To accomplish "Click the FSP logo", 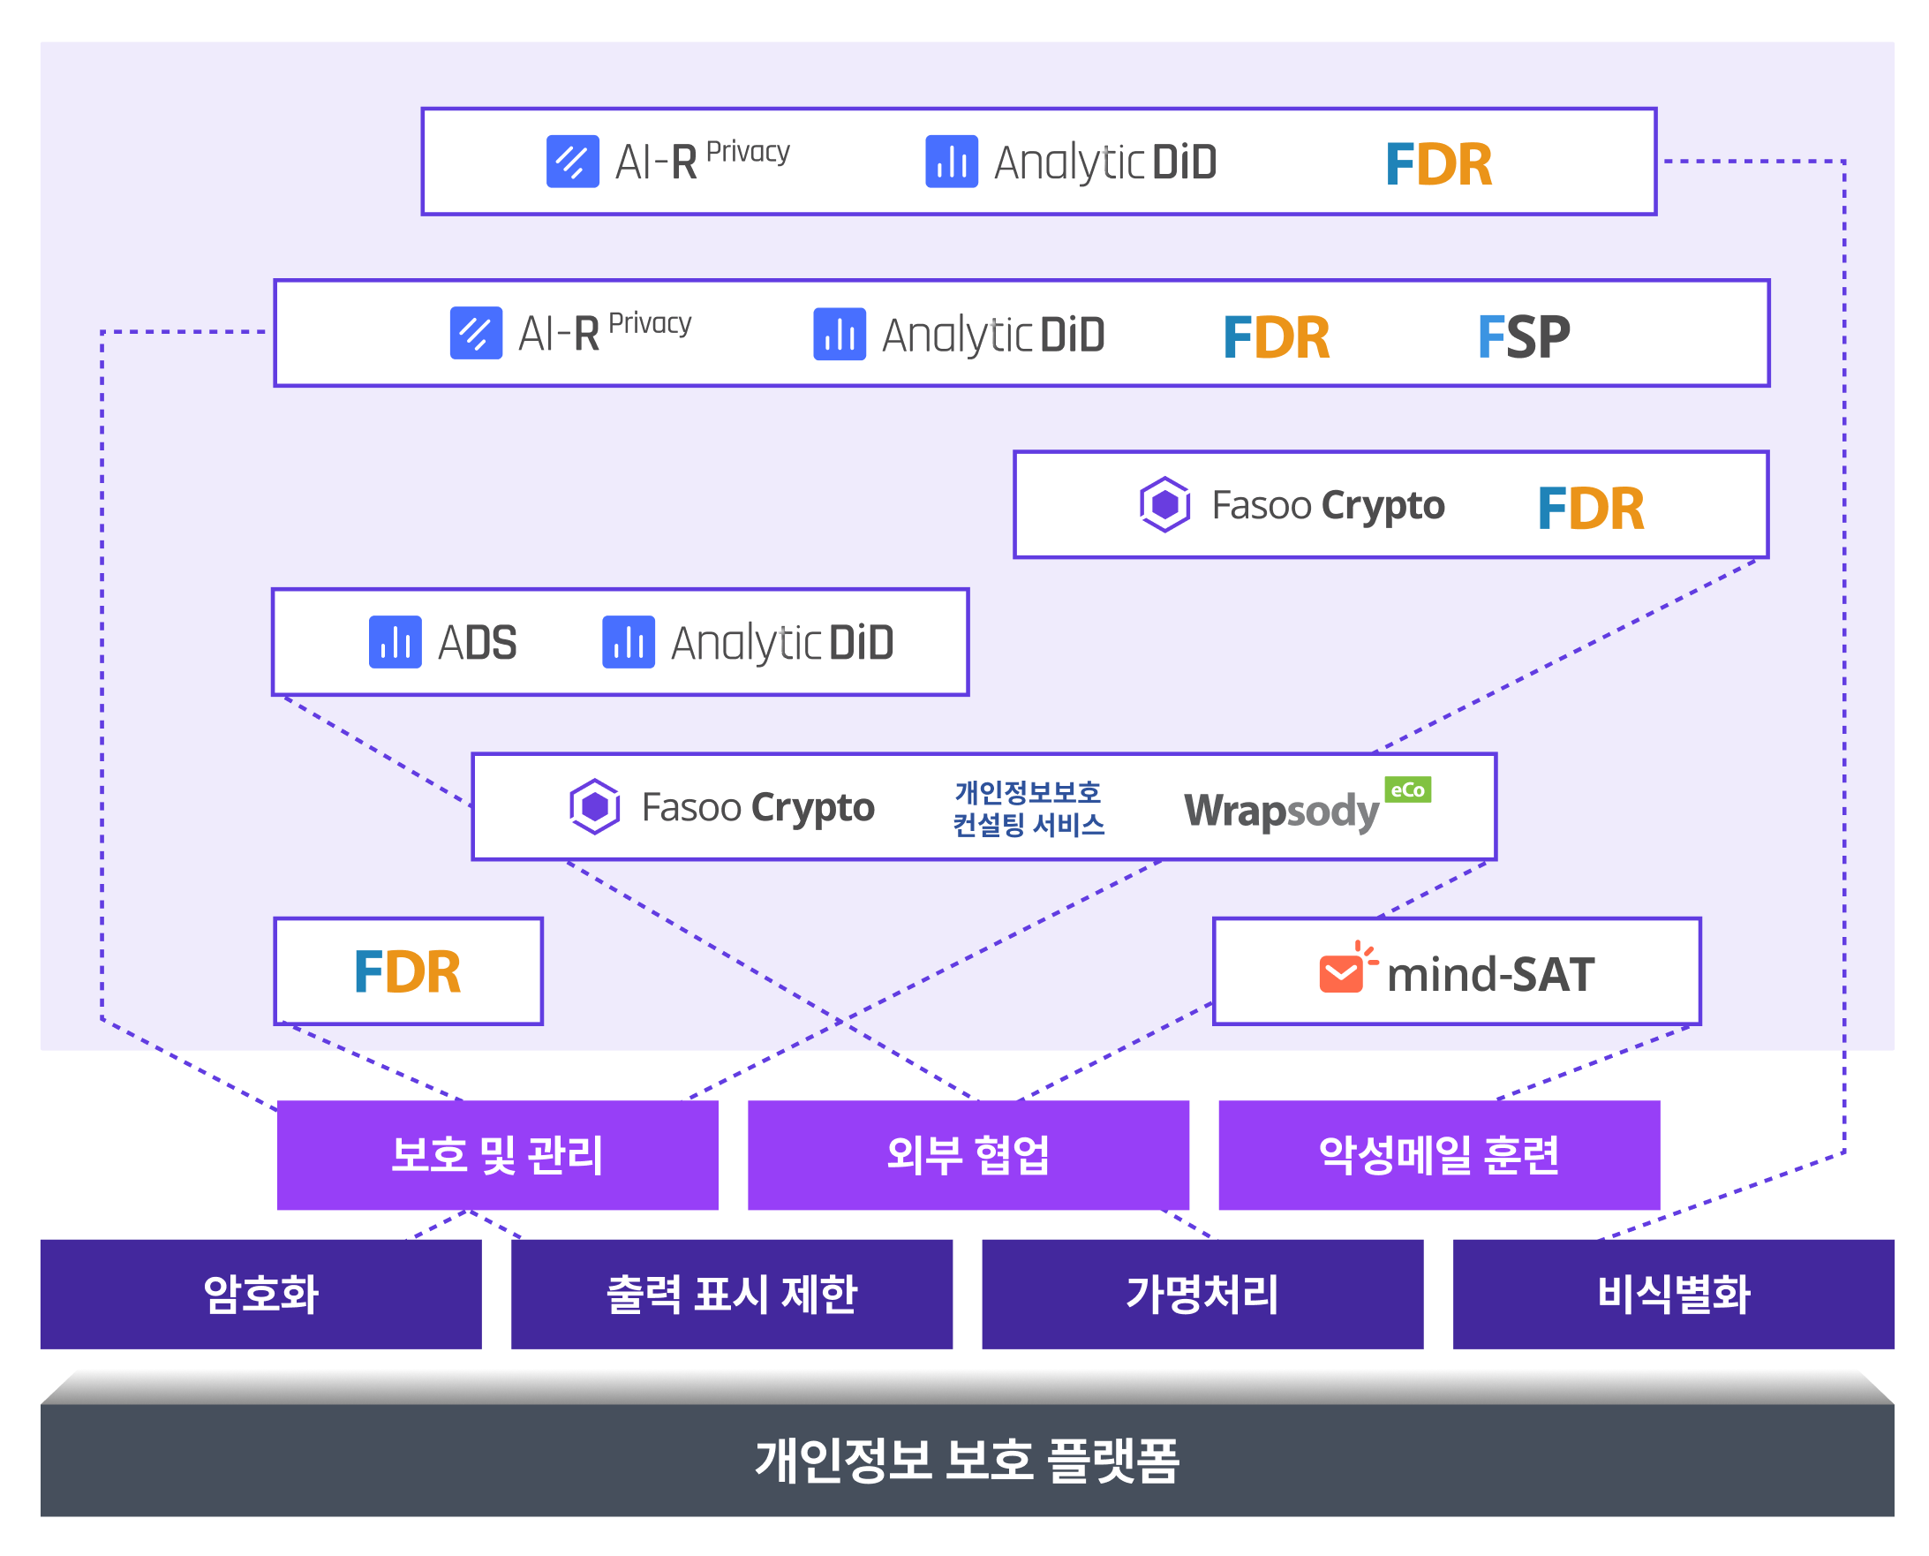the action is [x=1522, y=337].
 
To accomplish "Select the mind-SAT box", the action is [x=1456, y=971].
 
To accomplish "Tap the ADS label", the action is [x=477, y=643].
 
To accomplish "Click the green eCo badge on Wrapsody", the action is [x=1406, y=789].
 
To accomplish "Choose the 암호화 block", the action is [x=260, y=1294].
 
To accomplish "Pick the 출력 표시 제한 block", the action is [x=731, y=1294].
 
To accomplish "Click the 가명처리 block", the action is [x=1202, y=1294].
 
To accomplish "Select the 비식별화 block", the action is [x=1673, y=1294].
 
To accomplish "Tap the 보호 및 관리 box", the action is [x=497, y=1154].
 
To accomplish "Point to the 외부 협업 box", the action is [x=968, y=1154].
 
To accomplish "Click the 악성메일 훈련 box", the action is [x=1439, y=1154].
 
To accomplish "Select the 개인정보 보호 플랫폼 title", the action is [x=967, y=1460].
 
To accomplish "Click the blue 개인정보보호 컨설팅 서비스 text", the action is [x=1028, y=807].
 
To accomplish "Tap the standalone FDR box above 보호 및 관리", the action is [x=408, y=971].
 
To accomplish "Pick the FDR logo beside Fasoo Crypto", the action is [x=1589, y=508].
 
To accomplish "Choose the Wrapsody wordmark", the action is [x=1281, y=812].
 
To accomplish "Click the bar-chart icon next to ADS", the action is [x=396, y=642].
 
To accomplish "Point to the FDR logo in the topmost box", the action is [x=1438, y=165].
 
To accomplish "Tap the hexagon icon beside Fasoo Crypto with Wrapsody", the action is [x=594, y=806].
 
